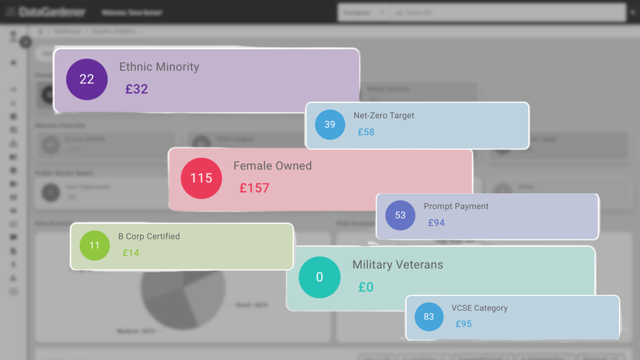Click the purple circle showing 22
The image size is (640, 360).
(x=87, y=79)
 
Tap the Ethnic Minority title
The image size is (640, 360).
(x=159, y=67)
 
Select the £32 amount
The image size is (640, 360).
(x=136, y=89)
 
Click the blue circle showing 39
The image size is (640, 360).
(x=330, y=125)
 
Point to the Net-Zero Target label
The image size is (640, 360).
(x=384, y=116)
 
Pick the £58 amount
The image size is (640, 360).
(x=366, y=132)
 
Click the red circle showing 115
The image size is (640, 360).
(x=201, y=178)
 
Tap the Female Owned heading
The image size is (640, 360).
(x=272, y=166)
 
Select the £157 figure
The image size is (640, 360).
(x=254, y=188)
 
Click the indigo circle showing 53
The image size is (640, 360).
(x=400, y=215)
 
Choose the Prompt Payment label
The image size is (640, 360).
(x=456, y=206)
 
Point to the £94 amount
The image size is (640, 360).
(x=436, y=223)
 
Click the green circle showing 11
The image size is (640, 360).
(x=95, y=246)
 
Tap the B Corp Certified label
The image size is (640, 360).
(x=149, y=236)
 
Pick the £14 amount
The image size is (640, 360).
(x=131, y=253)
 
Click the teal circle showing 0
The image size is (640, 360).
(x=319, y=277)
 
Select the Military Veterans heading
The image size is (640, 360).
(x=398, y=265)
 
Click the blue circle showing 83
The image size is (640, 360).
(x=429, y=317)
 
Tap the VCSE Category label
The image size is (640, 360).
(x=479, y=308)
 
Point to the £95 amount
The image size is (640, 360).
(x=464, y=324)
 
